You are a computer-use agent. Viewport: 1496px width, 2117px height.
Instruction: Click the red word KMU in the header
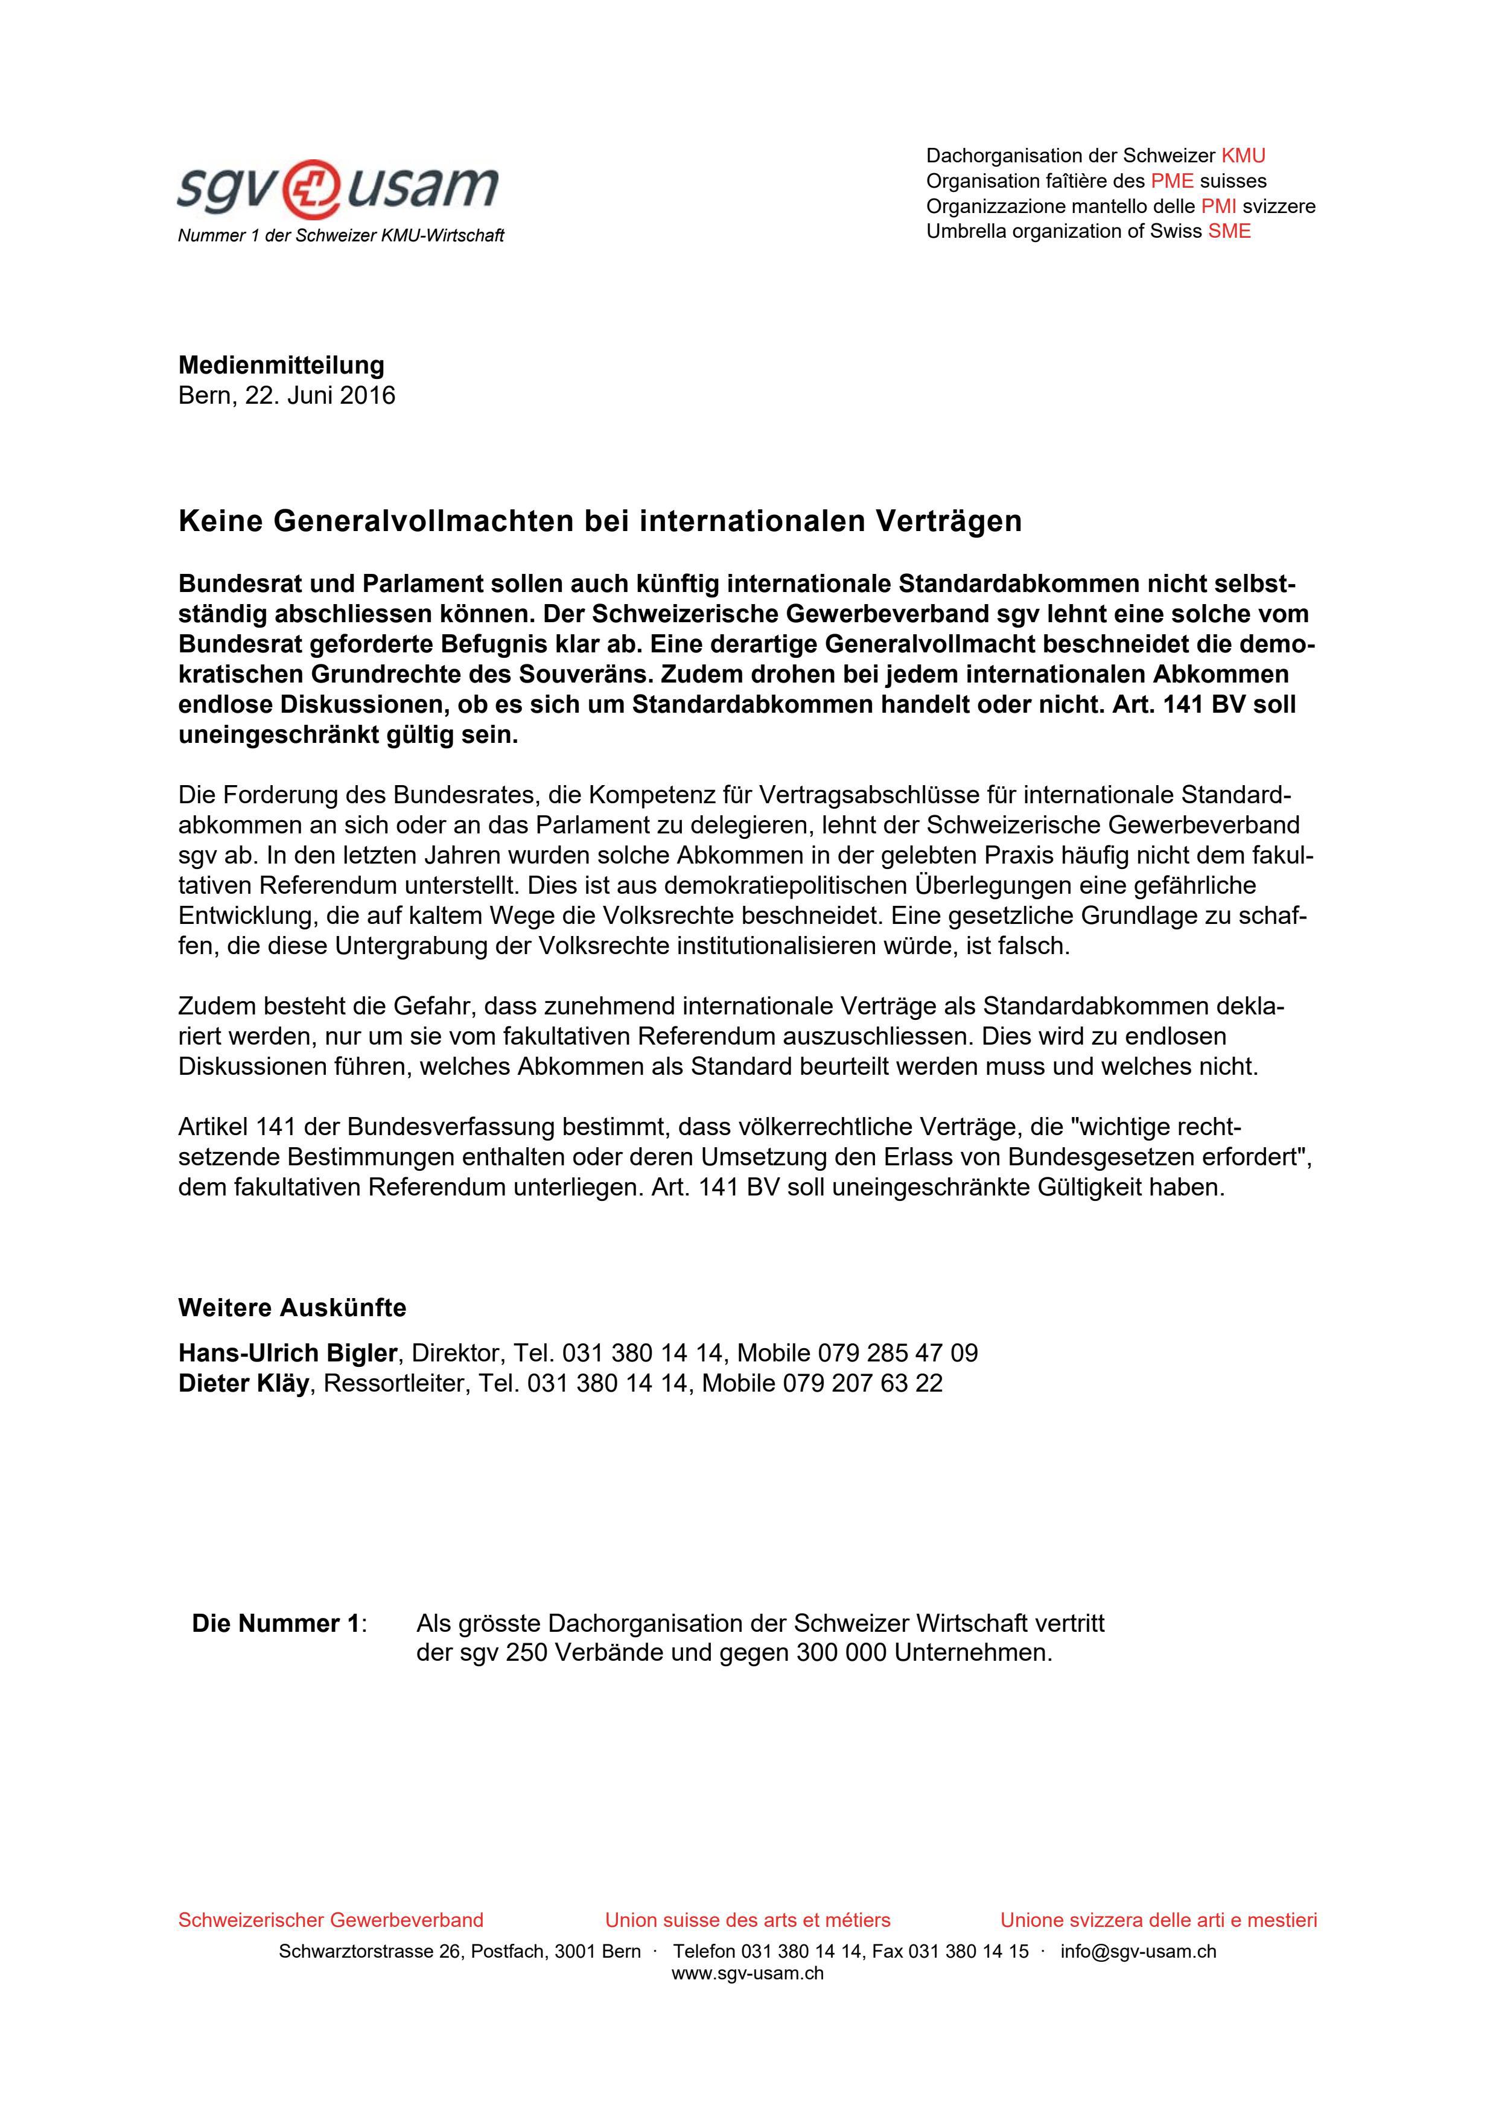coord(1243,156)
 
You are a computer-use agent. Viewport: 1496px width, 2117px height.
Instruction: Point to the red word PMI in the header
coord(1218,206)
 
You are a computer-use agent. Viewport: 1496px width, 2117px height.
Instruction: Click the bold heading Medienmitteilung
coord(281,365)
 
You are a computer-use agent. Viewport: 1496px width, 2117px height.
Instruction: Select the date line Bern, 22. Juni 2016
coord(287,395)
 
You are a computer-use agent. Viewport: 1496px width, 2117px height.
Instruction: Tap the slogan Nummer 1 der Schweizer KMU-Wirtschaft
coord(340,236)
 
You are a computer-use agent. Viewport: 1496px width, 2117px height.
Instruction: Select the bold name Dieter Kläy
coord(243,1383)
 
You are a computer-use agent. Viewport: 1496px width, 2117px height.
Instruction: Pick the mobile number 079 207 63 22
coord(863,1383)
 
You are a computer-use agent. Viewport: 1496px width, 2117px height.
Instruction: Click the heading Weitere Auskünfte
coord(291,1308)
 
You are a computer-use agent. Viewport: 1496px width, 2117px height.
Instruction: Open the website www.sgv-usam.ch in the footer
coord(748,1973)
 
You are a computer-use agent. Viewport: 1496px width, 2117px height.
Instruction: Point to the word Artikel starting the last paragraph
coord(214,1127)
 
